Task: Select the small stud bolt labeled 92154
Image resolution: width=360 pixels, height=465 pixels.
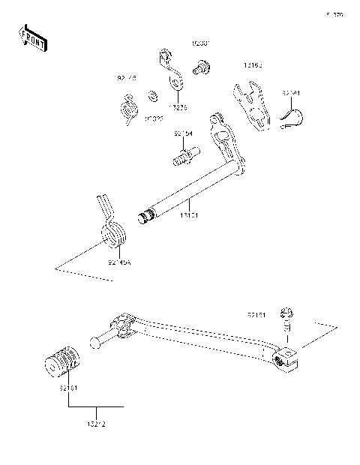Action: [x=184, y=158]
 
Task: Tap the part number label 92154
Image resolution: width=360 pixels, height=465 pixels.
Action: [x=183, y=133]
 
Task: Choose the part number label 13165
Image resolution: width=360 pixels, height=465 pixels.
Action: [x=255, y=66]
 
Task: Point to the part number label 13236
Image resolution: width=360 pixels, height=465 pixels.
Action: [x=177, y=106]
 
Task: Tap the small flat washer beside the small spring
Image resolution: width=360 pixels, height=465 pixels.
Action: [x=151, y=95]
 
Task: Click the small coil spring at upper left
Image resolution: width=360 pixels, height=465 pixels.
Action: [x=128, y=106]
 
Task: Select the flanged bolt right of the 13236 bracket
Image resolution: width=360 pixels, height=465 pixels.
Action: [x=200, y=69]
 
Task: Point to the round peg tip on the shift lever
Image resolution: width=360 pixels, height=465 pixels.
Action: [x=94, y=344]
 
